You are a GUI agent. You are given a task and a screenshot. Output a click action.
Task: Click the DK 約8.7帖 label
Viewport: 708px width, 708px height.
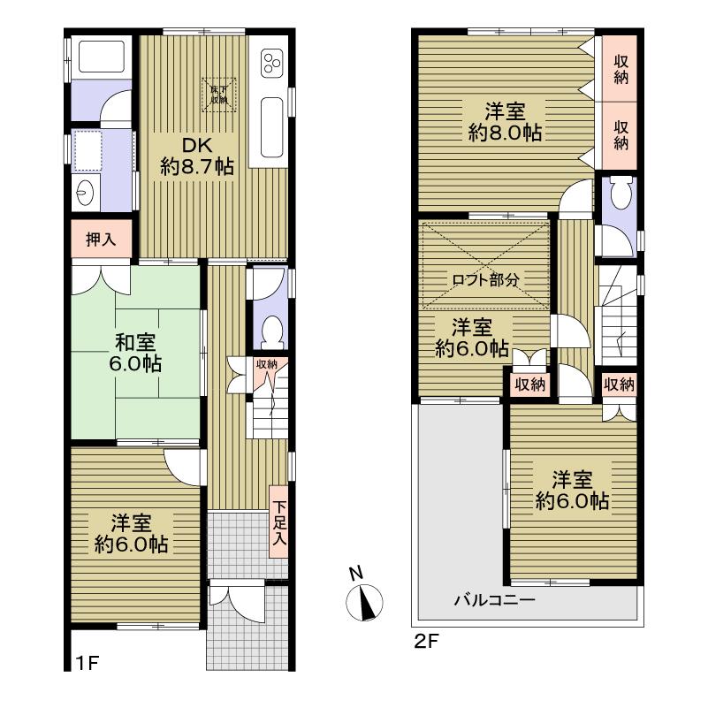click(197, 156)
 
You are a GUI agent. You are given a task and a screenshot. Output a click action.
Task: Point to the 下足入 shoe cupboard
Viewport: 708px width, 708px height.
click(279, 521)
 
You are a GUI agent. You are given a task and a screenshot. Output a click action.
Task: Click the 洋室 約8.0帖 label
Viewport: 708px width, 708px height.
click(506, 122)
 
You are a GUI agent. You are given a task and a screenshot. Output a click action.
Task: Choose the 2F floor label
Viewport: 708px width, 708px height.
click(426, 642)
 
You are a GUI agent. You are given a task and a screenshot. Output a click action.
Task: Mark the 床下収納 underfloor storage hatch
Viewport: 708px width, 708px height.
click(218, 93)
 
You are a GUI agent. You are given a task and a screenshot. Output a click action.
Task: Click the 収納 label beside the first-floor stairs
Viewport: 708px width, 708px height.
click(267, 364)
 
